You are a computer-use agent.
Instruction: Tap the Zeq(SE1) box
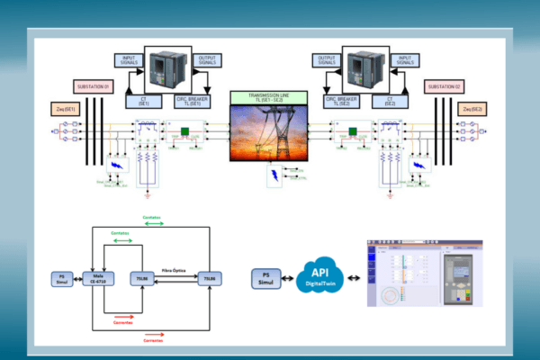pyautogui.click(x=69, y=109)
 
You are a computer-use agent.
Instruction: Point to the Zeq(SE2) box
pyautogui.click(x=472, y=109)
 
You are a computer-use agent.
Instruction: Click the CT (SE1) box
pyautogui.click(x=144, y=100)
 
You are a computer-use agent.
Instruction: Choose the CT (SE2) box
pyautogui.click(x=393, y=100)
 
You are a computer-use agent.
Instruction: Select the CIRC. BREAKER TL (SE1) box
pyautogui.click(x=197, y=100)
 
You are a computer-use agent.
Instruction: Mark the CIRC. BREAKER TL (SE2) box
pyautogui.click(x=342, y=100)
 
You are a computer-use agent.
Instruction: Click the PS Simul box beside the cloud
pyautogui.click(x=264, y=277)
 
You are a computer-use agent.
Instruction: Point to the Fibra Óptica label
pyautogui.click(x=173, y=269)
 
